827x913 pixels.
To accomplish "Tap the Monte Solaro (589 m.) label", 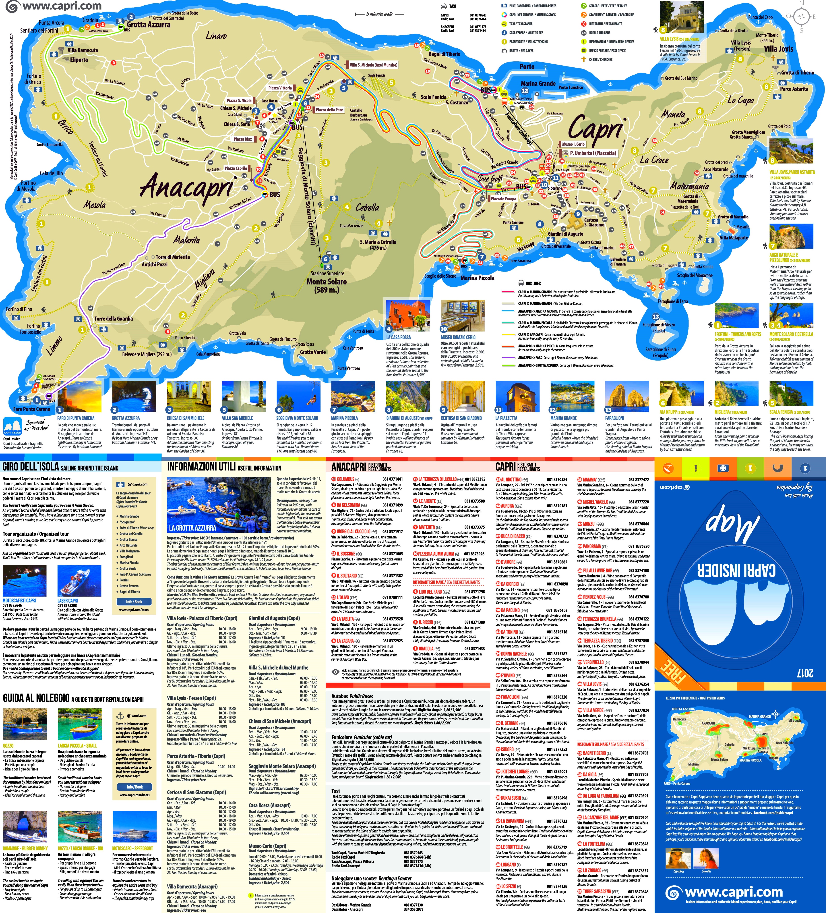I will pyautogui.click(x=326, y=285).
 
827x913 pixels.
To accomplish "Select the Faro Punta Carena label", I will pyautogui.click(x=32, y=409).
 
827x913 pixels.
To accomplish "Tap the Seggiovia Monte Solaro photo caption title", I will pyautogui.click(x=297, y=418).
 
